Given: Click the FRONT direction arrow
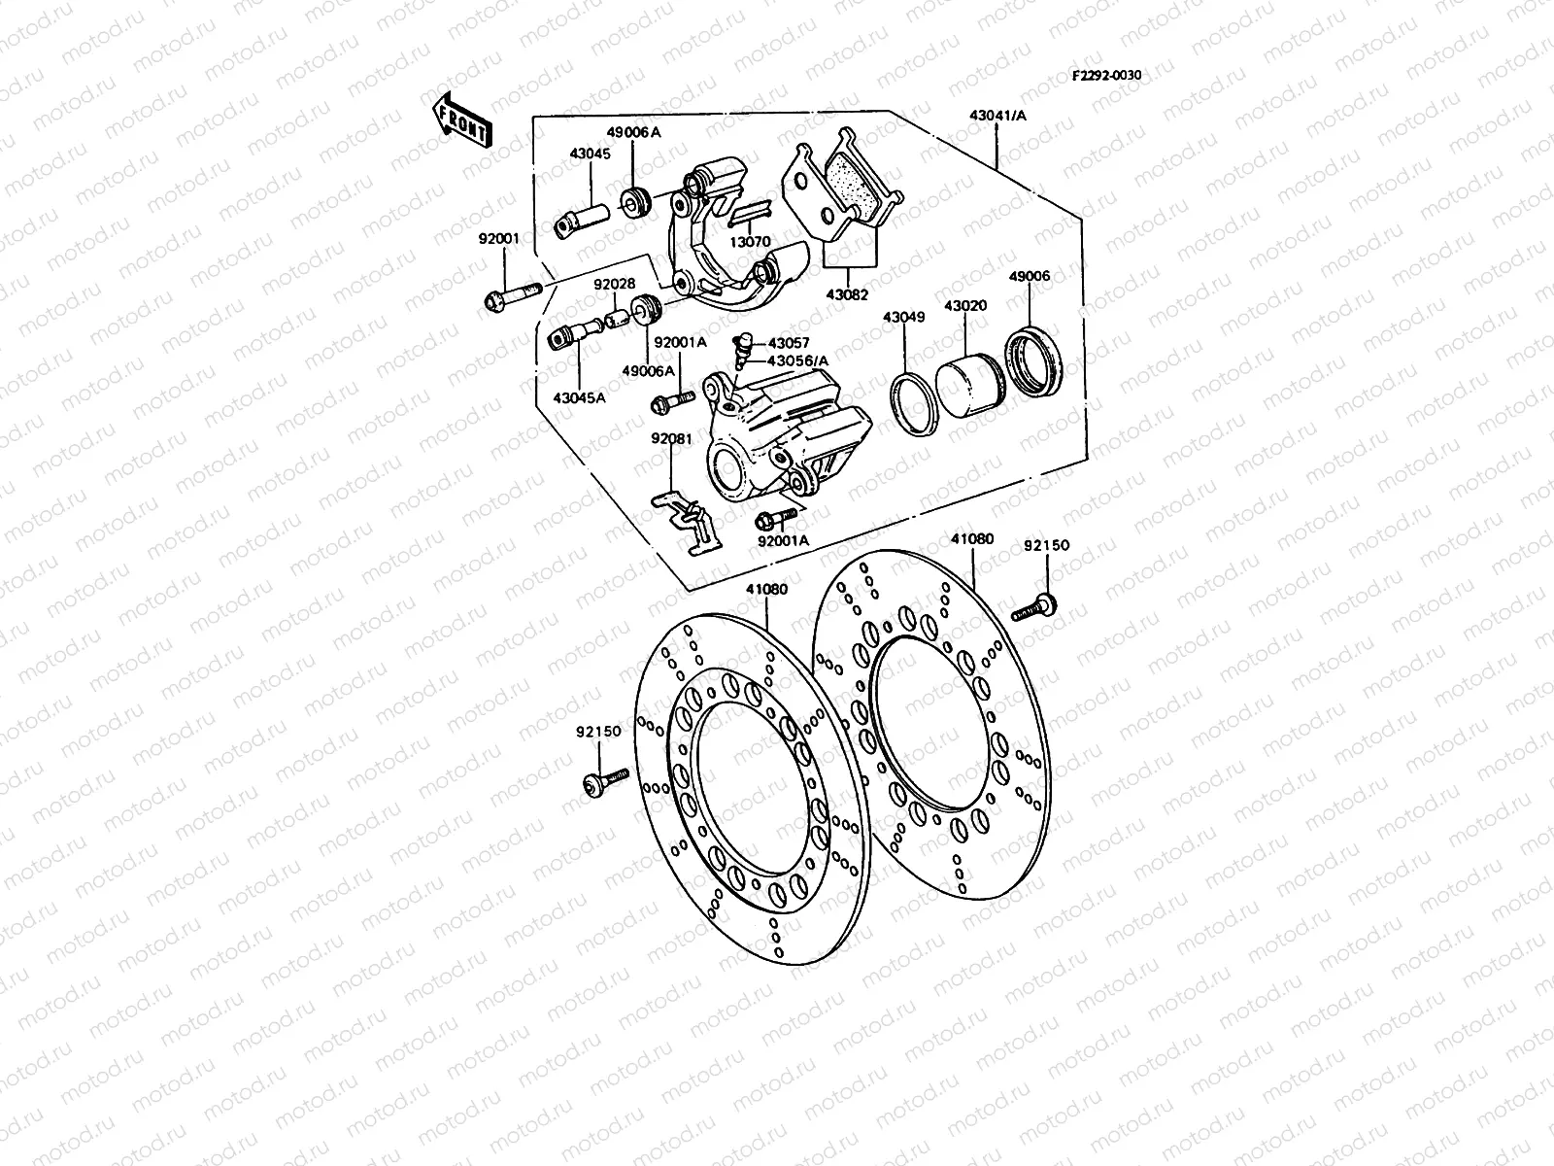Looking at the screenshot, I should coord(462,120).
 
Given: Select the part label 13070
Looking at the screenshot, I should coord(752,240).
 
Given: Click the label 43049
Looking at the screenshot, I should coord(903,318).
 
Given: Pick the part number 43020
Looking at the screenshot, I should coord(965,305).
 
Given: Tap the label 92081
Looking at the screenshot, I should coord(671,438).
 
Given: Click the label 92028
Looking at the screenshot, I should coord(615,284).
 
